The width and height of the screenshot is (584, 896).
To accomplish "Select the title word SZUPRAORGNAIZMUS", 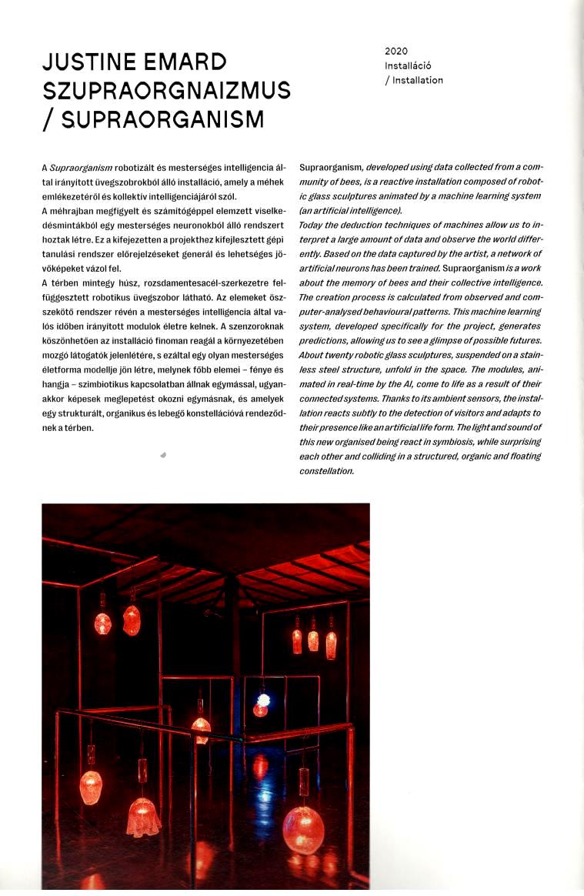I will tap(167, 90).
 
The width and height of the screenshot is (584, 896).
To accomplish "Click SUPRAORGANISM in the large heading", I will tap(162, 119).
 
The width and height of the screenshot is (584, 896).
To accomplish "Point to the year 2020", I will tap(396, 51).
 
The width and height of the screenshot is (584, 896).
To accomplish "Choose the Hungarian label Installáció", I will tap(408, 65).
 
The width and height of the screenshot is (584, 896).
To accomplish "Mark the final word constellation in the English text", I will tap(326, 471).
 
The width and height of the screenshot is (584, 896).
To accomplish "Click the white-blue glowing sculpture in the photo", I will tap(263, 700).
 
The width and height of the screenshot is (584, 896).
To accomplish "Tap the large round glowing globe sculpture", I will tap(303, 829).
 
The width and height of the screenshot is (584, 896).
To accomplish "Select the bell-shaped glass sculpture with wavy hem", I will tap(143, 816).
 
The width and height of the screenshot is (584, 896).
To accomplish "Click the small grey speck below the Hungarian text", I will tap(164, 456).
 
